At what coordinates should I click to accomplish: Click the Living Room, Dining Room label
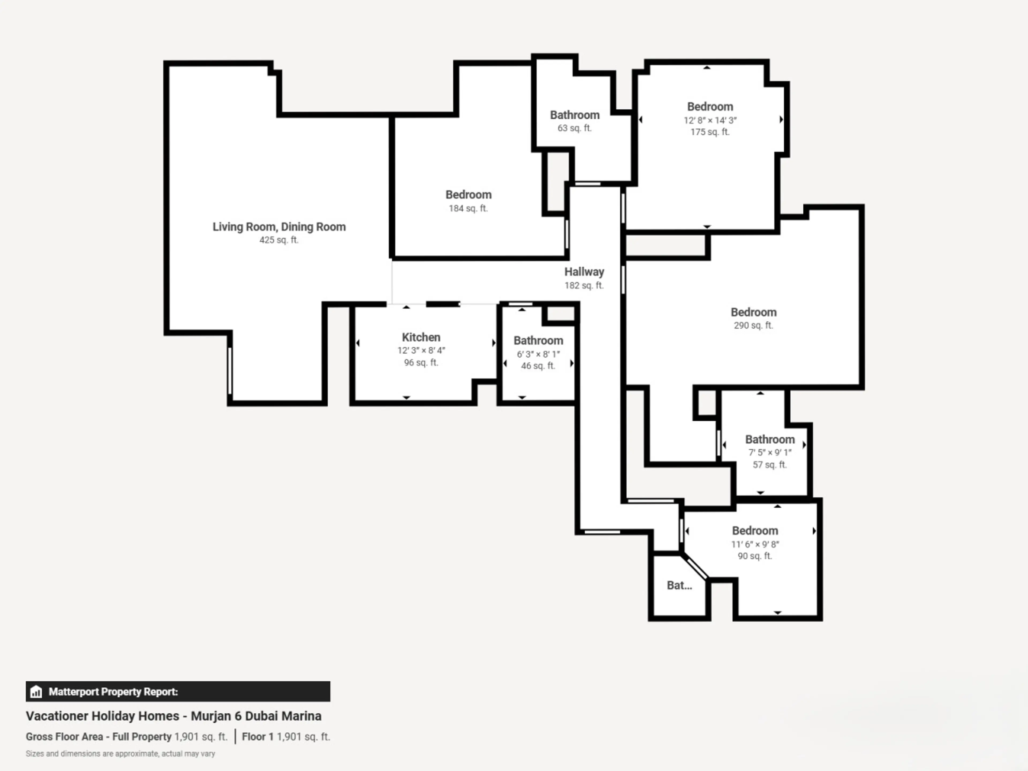click(279, 227)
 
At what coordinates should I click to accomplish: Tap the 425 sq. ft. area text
click(279, 240)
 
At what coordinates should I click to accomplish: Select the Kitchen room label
click(421, 337)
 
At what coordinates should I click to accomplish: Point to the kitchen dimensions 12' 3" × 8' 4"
click(421, 350)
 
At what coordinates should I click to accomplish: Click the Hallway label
click(584, 272)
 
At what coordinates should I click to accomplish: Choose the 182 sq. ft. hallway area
click(584, 285)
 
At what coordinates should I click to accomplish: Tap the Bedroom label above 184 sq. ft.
click(468, 195)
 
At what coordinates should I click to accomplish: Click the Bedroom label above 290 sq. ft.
click(753, 312)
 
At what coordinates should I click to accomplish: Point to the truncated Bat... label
click(679, 585)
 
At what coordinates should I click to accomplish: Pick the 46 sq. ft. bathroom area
click(538, 366)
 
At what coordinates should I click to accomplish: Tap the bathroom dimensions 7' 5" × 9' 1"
click(770, 452)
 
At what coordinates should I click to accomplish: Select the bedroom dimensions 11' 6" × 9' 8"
click(755, 544)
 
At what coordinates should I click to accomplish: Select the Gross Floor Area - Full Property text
click(99, 737)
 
